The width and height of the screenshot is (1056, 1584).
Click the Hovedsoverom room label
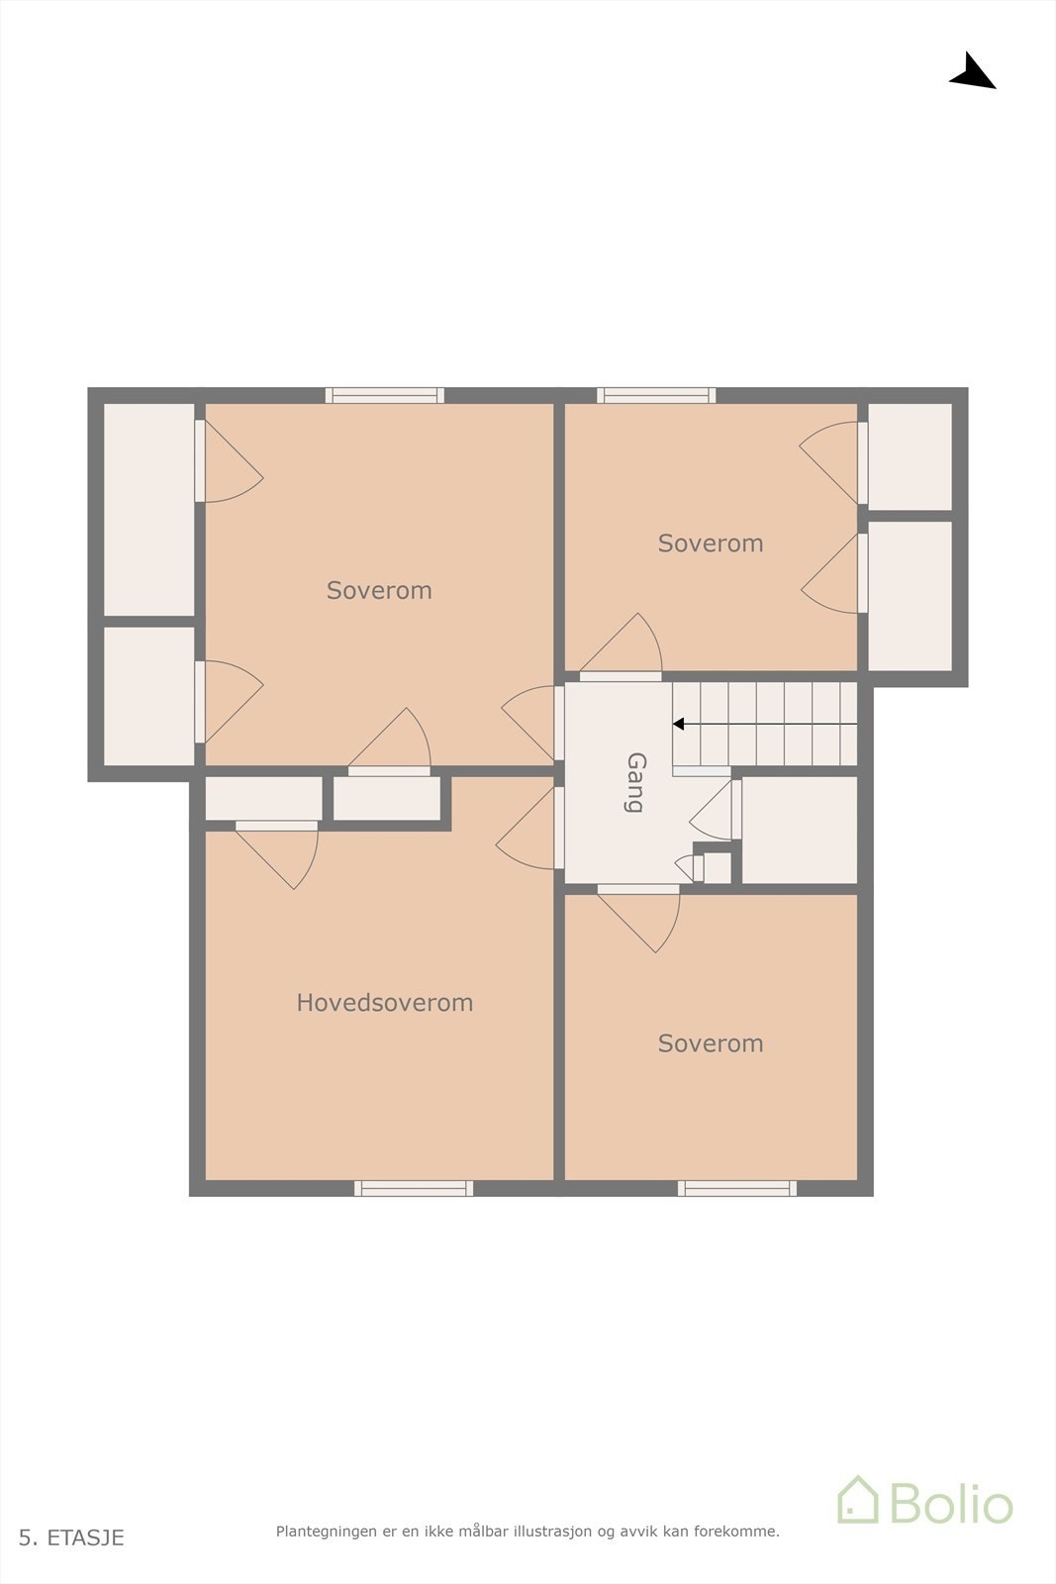[x=384, y=1003]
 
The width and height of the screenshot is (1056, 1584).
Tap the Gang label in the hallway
[x=636, y=782]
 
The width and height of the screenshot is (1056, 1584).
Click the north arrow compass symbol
[x=973, y=72]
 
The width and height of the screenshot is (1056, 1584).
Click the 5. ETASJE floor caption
[x=71, y=1537]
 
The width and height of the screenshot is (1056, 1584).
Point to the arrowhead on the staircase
[x=679, y=725]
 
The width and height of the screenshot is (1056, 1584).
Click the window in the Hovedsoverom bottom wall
[x=414, y=1188]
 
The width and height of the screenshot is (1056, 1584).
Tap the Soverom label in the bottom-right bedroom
[x=711, y=1043]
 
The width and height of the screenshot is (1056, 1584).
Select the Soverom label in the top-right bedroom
[x=711, y=544]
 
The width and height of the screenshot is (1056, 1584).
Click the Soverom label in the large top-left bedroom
[x=379, y=591]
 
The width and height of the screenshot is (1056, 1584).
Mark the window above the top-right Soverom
[x=656, y=395]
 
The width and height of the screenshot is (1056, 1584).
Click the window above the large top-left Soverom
[x=385, y=395]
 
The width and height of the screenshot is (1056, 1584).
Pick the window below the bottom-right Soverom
[x=737, y=1188]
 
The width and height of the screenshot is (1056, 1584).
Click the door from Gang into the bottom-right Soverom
[x=638, y=889]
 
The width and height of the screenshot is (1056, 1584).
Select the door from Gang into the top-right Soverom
[x=621, y=676]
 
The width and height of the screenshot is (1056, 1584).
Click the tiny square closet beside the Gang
[x=717, y=868]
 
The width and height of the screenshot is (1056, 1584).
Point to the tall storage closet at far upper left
[x=149, y=509]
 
